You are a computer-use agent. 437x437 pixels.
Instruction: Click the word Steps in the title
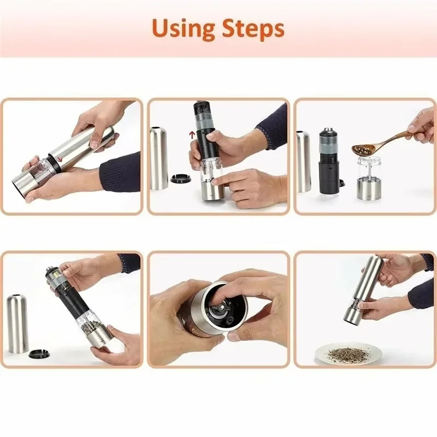tap(252, 28)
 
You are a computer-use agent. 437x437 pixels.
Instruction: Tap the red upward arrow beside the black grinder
tap(192, 134)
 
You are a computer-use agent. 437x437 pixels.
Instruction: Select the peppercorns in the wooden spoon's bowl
tap(362, 147)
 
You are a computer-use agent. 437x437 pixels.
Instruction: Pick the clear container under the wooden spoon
tap(369, 178)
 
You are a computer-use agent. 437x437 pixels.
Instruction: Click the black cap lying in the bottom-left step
tap(39, 353)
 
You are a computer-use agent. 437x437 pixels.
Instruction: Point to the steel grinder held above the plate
tap(363, 290)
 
